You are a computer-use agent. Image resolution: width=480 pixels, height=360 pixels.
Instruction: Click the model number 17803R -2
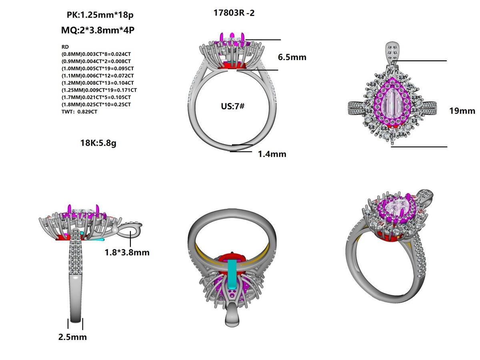[234, 13]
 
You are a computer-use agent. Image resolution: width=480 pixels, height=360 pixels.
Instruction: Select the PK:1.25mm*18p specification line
[100, 15]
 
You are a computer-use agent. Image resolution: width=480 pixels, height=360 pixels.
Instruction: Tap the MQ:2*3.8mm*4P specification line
[97, 30]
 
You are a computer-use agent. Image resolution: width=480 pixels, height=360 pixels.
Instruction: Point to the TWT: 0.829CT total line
[79, 112]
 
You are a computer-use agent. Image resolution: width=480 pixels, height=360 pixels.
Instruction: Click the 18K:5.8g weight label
[98, 143]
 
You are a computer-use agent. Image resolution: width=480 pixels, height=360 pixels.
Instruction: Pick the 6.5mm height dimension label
[292, 57]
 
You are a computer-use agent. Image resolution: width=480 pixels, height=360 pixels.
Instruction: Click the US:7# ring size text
[232, 107]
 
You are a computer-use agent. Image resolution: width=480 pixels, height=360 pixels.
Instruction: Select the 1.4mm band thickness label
[272, 154]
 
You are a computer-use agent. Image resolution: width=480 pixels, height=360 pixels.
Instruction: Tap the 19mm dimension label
[462, 111]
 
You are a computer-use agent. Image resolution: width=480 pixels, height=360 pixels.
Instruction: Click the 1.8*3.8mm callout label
[127, 252]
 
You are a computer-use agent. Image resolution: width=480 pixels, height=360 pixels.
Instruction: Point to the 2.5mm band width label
[72, 337]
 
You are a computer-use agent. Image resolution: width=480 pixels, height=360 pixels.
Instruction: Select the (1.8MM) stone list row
[96, 104]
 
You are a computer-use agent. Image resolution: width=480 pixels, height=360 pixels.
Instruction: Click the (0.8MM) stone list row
[96, 54]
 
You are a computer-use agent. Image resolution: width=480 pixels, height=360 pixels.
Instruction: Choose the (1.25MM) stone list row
[99, 90]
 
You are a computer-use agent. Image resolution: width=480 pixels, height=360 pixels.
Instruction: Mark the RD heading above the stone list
[65, 47]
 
